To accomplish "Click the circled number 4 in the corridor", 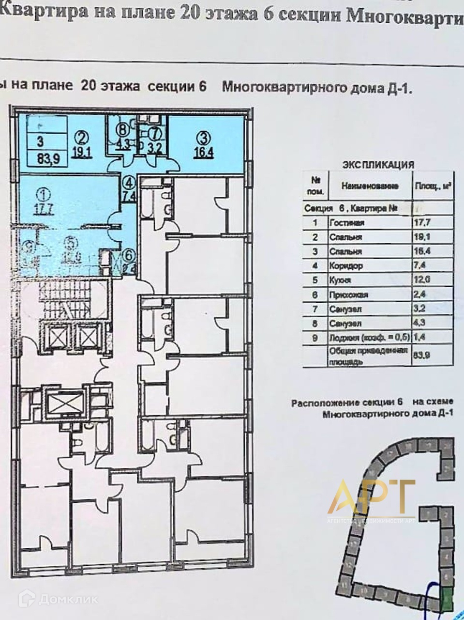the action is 129,183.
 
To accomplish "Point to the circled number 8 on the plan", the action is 124,129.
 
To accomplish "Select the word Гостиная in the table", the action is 346,223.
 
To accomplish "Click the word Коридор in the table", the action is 345,266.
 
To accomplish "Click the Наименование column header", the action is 370,186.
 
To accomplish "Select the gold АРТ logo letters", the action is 371,497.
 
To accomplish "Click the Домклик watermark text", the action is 68,599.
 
